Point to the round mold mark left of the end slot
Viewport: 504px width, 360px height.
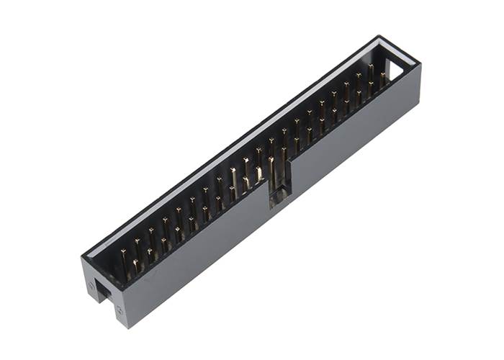tap(91, 285)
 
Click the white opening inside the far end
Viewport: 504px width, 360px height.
tap(395, 68)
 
